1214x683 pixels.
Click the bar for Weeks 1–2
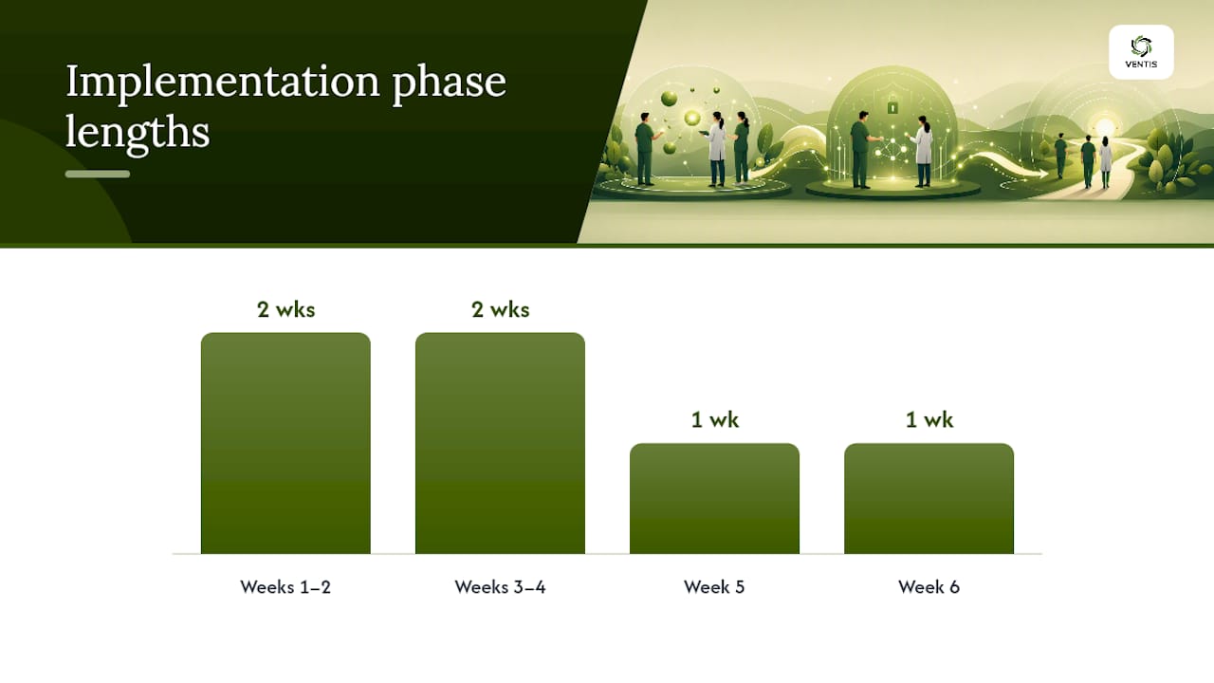point(285,443)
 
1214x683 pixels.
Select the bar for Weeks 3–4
point(500,443)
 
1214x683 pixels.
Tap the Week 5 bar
point(714,499)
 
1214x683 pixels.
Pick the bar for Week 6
point(929,499)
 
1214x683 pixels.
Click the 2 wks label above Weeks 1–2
point(285,309)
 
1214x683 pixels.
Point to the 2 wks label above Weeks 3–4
point(500,309)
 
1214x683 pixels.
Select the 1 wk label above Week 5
point(714,419)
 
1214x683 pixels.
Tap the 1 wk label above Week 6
point(929,419)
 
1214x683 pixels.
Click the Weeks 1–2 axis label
point(285,587)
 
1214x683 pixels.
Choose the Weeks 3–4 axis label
point(500,587)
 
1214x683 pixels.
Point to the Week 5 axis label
point(714,587)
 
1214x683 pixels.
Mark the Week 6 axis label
point(929,587)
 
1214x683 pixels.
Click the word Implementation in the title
point(223,83)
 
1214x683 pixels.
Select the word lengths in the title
point(138,133)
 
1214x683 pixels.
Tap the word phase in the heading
point(449,83)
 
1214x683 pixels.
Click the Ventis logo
point(1141,52)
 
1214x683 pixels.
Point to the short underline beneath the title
point(98,174)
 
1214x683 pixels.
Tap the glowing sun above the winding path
point(1105,128)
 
